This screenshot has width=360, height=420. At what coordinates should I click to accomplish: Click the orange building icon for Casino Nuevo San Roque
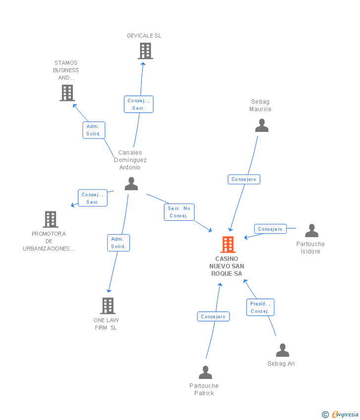coord(228,244)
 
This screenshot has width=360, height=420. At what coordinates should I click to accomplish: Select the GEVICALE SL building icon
coord(145,51)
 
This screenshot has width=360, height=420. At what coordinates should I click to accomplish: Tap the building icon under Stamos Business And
coord(67,93)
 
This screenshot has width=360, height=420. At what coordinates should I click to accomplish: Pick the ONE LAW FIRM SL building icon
coord(108,306)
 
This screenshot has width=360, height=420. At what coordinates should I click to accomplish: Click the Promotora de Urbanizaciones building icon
coord(50,219)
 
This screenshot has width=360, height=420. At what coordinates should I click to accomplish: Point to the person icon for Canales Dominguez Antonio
coord(132,183)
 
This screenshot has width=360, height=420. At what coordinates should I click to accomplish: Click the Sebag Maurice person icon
coord(262,126)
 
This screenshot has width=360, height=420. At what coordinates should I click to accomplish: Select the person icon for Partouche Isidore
coord(312,231)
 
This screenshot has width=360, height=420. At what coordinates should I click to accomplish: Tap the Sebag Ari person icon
coord(282,350)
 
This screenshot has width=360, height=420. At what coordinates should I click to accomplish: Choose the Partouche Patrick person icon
coord(205,373)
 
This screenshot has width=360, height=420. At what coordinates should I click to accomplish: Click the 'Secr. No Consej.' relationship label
coord(179,212)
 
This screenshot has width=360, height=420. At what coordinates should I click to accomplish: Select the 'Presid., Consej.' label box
coord(260,307)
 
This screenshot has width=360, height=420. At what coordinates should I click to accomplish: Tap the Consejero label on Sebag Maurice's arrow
coord(244,179)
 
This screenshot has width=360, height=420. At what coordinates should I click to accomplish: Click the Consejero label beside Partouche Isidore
coord(270,229)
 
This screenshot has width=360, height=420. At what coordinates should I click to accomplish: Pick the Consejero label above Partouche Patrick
coord(213,316)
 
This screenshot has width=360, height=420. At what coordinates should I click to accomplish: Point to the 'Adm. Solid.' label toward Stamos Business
coord(94,130)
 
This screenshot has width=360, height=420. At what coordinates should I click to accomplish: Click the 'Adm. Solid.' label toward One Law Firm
coord(119,243)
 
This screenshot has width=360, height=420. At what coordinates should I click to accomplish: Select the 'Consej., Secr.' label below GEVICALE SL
coord(138,104)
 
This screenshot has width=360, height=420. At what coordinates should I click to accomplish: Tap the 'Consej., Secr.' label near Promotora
coord(92,198)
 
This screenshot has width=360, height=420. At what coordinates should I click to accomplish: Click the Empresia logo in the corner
coord(340,414)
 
